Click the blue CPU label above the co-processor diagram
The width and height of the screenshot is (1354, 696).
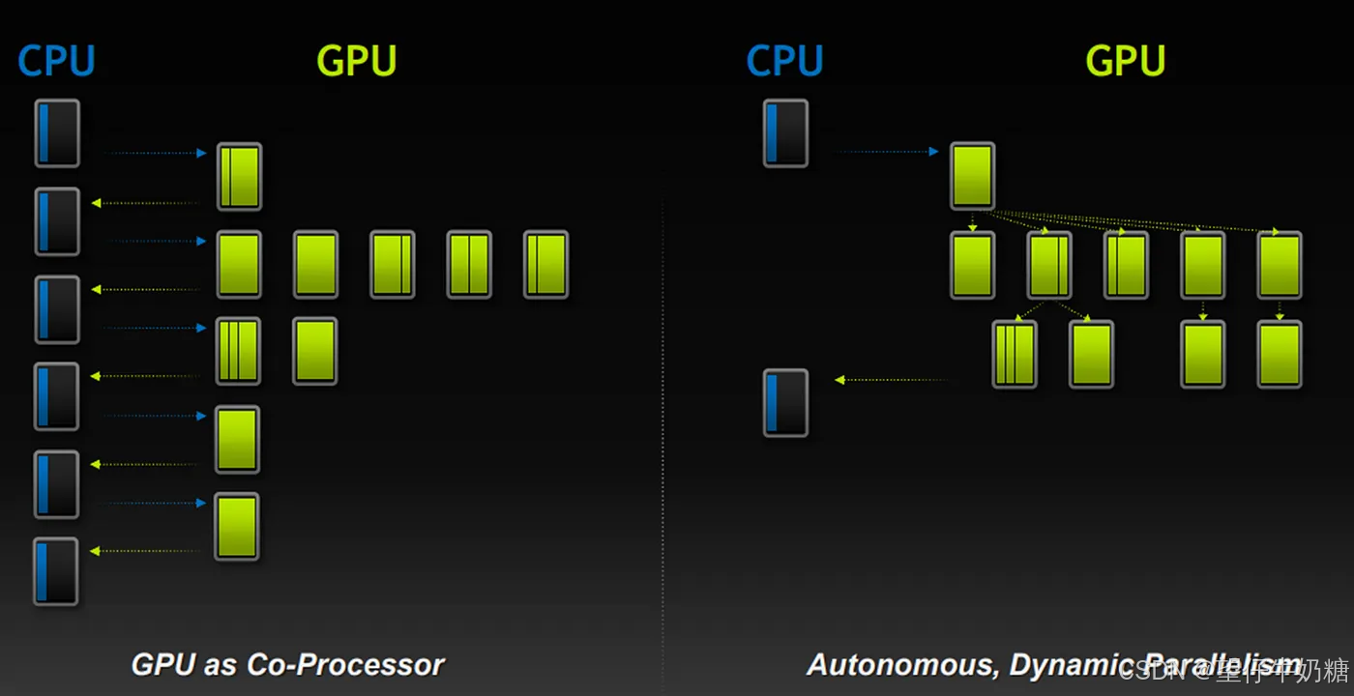click(x=56, y=61)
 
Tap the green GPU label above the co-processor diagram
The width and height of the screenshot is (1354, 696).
click(x=357, y=61)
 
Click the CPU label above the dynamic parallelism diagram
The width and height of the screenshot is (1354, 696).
click(x=784, y=61)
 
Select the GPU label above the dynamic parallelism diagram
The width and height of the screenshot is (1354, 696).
click(x=1125, y=61)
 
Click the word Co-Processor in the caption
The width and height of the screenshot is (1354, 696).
click(x=345, y=665)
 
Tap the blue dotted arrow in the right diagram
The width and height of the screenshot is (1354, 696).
click(x=885, y=152)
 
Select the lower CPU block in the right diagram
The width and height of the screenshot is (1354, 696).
click(x=785, y=402)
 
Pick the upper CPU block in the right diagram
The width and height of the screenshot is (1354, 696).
click(x=785, y=133)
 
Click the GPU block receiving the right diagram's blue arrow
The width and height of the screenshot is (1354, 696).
click(x=972, y=176)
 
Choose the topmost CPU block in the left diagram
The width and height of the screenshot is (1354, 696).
click(x=57, y=133)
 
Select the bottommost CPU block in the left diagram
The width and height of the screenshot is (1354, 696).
click(x=56, y=571)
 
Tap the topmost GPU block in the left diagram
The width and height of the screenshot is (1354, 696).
click(x=239, y=177)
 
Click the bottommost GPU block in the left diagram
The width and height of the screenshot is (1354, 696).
click(x=237, y=526)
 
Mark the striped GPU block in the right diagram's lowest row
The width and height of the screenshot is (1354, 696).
click(x=1015, y=355)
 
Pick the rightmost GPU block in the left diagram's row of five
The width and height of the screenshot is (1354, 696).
click(x=545, y=264)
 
